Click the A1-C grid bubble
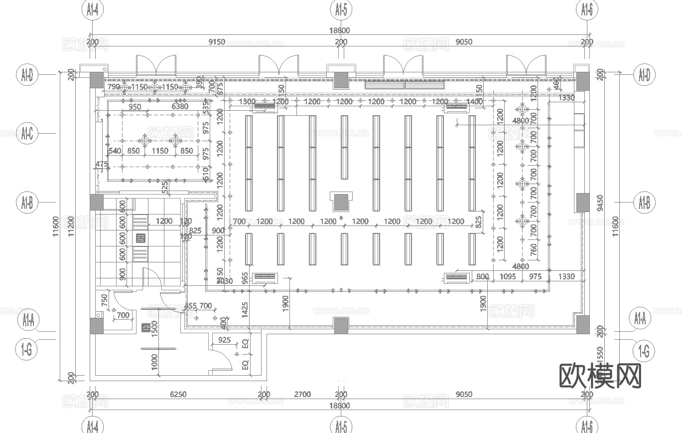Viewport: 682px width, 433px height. tap(27, 133)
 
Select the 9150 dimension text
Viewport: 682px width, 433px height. tap(216, 42)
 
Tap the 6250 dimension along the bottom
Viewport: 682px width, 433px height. tap(178, 395)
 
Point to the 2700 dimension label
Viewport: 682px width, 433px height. tap(302, 395)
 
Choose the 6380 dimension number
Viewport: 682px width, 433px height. tap(180, 107)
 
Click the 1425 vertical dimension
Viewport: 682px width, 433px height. tap(245, 309)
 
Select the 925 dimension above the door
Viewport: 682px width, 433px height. tap(224, 341)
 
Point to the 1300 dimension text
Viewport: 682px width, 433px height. tap(247, 102)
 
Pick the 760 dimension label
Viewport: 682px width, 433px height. tap(534, 248)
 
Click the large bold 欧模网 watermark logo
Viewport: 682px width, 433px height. tap(600, 376)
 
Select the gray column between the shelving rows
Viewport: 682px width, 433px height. tap(341, 202)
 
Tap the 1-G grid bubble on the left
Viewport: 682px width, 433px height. tap(27, 351)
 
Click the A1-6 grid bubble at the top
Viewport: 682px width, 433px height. tap(586, 9)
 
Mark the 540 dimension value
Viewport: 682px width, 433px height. tap(115, 151)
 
